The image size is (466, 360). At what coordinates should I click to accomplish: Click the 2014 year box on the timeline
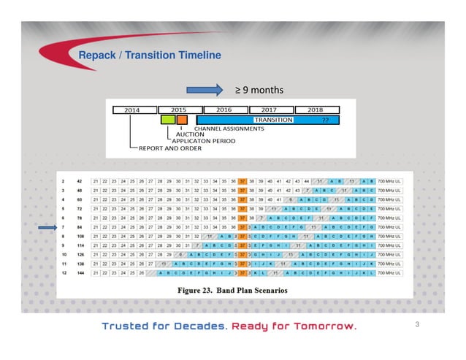[132, 110]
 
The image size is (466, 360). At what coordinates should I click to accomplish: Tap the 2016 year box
[224, 110]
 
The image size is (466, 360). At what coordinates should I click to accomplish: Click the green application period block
[168, 119]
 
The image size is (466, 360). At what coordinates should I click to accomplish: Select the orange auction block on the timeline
[182, 119]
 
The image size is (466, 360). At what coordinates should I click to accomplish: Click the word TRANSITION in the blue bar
[273, 119]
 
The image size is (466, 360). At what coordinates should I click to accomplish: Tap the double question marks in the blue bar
[326, 119]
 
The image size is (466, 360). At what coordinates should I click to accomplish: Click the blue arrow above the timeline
[205, 90]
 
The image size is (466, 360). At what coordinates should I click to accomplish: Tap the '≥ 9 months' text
[259, 90]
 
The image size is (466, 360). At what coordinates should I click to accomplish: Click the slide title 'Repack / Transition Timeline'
[149, 55]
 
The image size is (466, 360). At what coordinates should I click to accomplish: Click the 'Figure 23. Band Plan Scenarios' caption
[233, 291]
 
